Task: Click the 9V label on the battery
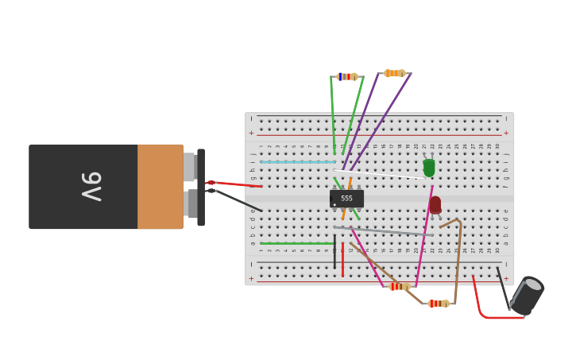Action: pos(91,187)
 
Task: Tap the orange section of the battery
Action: pos(160,187)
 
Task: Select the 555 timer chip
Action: pos(346,199)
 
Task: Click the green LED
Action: pos(429,168)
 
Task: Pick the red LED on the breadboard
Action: pos(435,204)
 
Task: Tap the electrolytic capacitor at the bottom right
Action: pos(526,295)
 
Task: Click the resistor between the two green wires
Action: pos(346,76)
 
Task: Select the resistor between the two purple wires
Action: pos(394,73)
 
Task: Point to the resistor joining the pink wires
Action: pos(399,286)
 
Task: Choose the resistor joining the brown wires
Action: pos(439,304)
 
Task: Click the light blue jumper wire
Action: pos(298,162)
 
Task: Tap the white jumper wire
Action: pos(381,174)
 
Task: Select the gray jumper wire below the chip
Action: pos(381,231)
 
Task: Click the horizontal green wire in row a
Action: pos(296,243)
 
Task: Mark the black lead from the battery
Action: pos(238,200)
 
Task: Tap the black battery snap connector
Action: pos(201,187)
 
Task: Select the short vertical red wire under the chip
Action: pos(342,260)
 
